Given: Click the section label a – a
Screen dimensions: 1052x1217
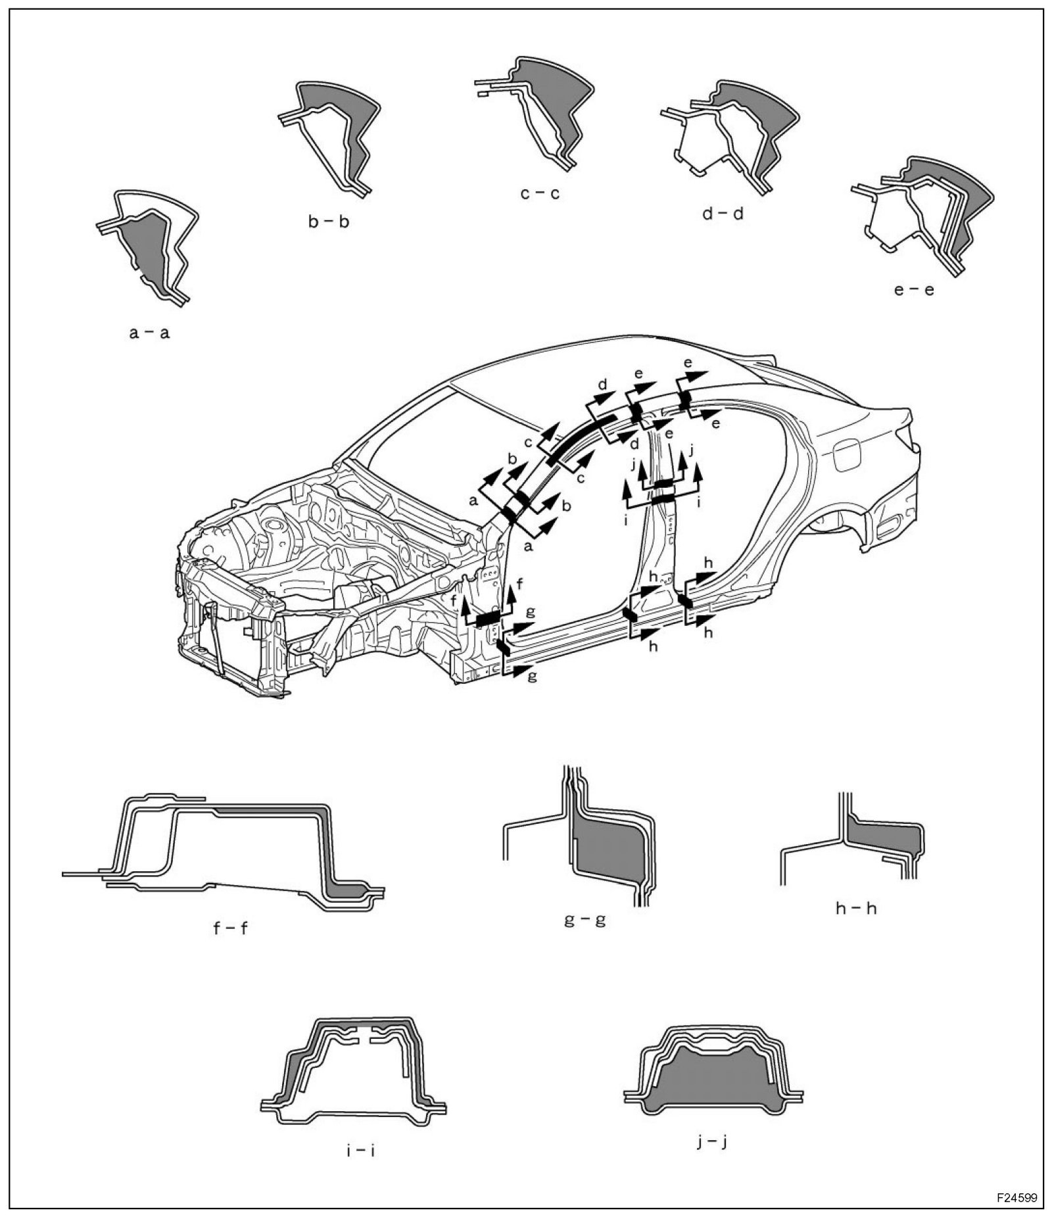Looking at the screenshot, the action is pyautogui.click(x=149, y=333).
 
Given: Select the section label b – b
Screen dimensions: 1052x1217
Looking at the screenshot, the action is pyautogui.click(x=329, y=222).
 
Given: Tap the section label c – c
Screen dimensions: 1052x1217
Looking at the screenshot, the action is pyautogui.click(x=539, y=194).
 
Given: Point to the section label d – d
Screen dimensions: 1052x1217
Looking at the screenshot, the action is pyautogui.click(x=723, y=214).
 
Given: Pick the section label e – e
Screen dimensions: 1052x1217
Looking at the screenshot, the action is pyautogui.click(x=914, y=289).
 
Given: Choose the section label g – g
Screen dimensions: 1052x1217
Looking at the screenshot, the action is pyautogui.click(x=585, y=919).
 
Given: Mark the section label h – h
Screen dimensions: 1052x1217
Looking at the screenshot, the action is pyautogui.click(x=856, y=908).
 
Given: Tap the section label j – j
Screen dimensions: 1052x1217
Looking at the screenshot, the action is pyautogui.click(x=711, y=1141).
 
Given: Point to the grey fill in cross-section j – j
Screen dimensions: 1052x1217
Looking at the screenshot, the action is pyautogui.click(x=713, y=1085).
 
